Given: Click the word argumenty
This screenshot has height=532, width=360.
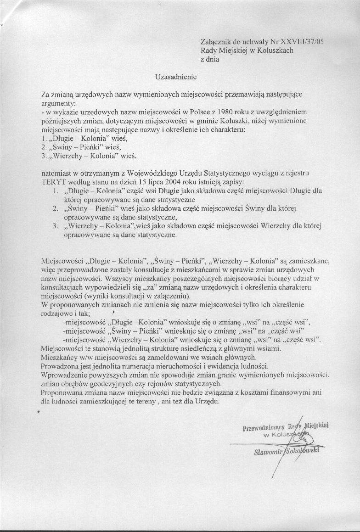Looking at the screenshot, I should [55, 103].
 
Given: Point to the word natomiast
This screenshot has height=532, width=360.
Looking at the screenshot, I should [56, 174].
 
